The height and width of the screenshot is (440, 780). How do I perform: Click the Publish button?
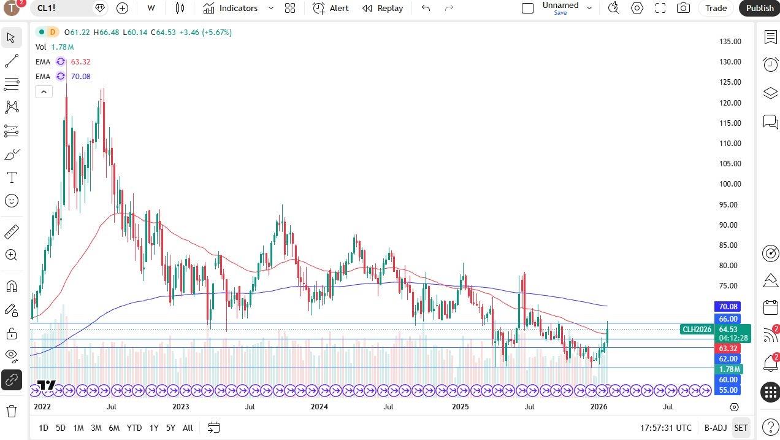click(x=760, y=8)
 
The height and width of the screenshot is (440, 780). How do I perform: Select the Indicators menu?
click(x=238, y=8)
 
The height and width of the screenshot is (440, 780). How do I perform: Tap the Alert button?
click(x=331, y=8)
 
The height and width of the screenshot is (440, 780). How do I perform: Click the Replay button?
click(x=383, y=8)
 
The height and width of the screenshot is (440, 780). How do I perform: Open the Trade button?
click(x=716, y=8)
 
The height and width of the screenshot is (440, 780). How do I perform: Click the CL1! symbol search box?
click(x=61, y=8)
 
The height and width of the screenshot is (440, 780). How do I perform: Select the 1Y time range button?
click(x=154, y=428)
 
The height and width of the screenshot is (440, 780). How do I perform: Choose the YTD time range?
click(x=134, y=428)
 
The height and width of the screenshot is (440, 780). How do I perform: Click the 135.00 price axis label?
click(x=730, y=42)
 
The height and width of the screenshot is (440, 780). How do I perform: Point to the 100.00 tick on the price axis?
click(x=730, y=184)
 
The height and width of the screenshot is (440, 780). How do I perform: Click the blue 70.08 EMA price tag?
click(x=728, y=306)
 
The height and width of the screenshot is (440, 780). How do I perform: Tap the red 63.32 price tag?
click(x=728, y=349)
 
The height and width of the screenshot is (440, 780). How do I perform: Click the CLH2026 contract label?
click(x=697, y=330)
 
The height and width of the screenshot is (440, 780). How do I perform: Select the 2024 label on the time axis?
click(x=319, y=406)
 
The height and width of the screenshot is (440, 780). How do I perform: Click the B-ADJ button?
click(x=715, y=428)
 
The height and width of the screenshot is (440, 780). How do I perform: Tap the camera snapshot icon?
click(x=682, y=8)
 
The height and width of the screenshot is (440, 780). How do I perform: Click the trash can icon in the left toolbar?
click(x=12, y=411)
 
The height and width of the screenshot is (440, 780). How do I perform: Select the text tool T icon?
click(x=12, y=178)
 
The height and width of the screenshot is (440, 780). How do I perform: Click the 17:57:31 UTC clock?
click(x=665, y=428)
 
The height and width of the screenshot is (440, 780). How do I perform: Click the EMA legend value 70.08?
click(x=80, y=76)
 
